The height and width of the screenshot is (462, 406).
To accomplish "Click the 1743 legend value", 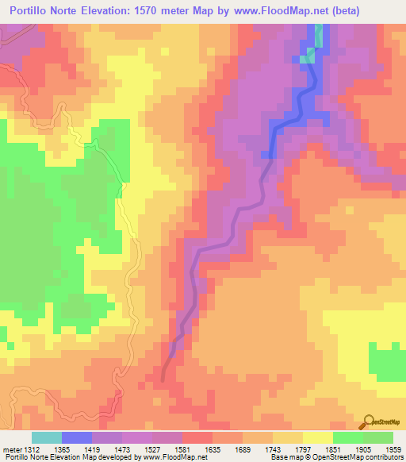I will pyautogui.click(x=272, y=449).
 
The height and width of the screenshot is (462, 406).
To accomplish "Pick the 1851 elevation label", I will pyautogui.click(x=332, y=449).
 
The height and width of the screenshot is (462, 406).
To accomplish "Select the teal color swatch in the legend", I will pyautogui.click(x=46, y=437).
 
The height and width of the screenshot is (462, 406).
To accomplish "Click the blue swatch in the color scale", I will pyautogui.click(x=76, y=437).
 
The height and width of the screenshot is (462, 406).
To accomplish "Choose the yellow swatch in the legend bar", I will pyautogui.click(x=317, y=437).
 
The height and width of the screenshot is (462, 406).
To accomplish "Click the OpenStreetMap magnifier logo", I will pyautogui.click(x=367, y=422).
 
